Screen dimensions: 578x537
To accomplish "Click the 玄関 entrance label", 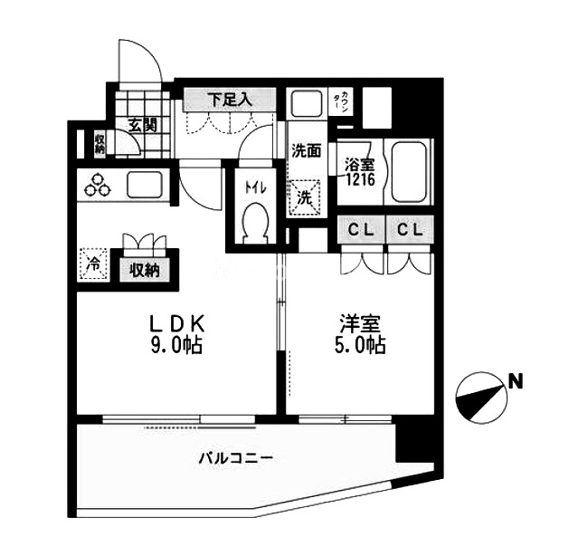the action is pos(143,126).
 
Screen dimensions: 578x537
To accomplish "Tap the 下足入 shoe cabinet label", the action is pos(230,99).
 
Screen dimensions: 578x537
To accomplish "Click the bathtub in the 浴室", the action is pos(409,172).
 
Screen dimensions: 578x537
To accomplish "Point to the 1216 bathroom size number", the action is pos(360,179).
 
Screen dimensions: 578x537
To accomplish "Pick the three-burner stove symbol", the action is pos(98,185).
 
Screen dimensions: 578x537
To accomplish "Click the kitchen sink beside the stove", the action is pos(145,184).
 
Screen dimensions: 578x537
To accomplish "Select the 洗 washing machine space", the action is pos(305,197).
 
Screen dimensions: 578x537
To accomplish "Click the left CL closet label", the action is pos(361,230).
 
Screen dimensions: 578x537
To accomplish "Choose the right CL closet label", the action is pos(410,230).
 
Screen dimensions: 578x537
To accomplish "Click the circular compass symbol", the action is pos(481,398).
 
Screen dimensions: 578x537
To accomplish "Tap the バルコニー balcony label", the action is pos(236,458).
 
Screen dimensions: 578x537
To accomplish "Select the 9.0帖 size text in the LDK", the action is pos(176,346).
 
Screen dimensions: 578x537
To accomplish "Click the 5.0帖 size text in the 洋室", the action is pos(360,346).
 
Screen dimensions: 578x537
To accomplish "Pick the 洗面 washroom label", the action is pos(307,150).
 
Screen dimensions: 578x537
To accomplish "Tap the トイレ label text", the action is pos(255,188).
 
